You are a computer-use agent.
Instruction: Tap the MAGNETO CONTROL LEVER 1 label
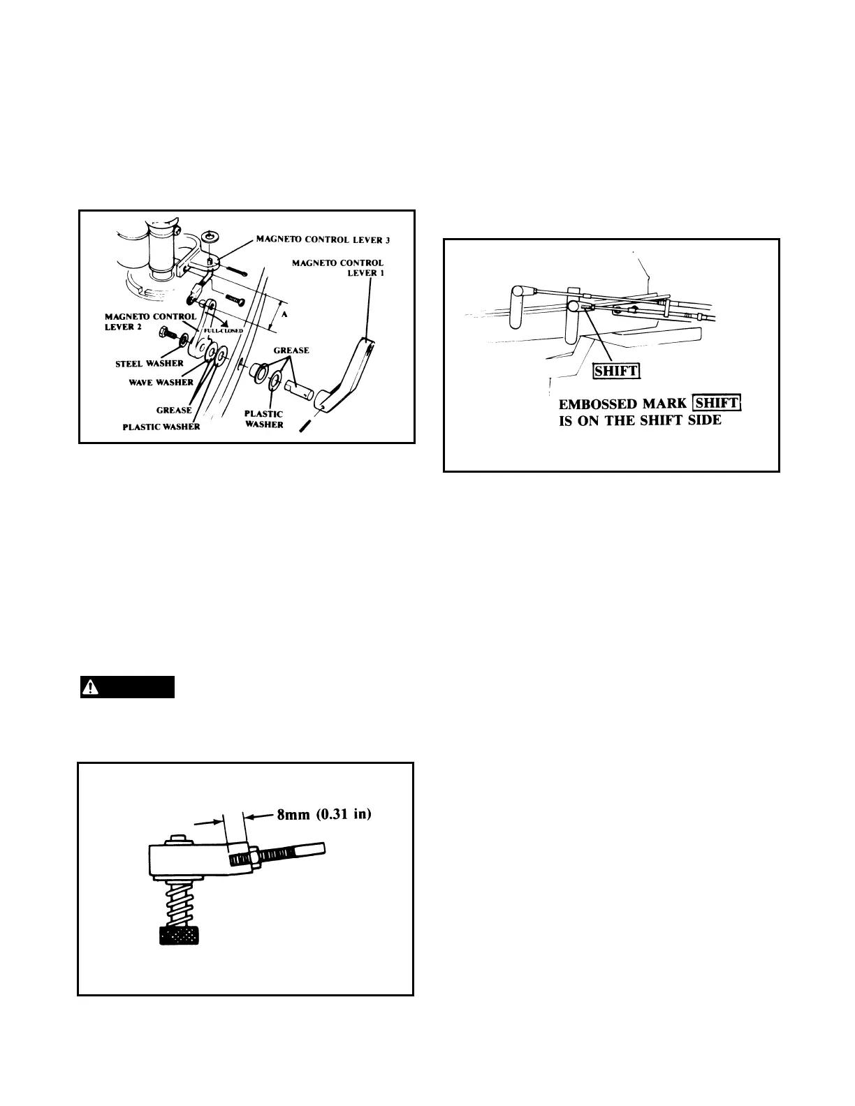click(338, 267)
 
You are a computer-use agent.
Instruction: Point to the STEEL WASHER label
click(149, 363)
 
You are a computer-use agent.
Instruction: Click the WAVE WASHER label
click(161, 382)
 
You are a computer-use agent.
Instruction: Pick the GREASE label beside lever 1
click(291, 350)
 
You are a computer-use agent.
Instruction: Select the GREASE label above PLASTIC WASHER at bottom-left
click(174, 410)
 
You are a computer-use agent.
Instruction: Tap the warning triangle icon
click(89, 688)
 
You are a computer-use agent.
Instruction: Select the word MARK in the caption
click(664, 404)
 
